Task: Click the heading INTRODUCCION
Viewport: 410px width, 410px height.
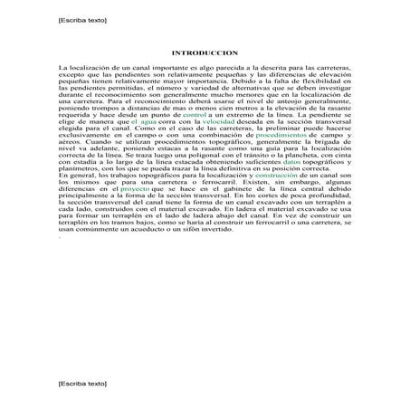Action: (x=204, y=53)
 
